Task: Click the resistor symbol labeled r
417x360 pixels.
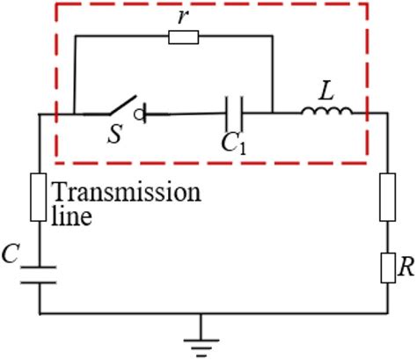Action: tap(183, 37)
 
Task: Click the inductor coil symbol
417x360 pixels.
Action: tap(326, 111)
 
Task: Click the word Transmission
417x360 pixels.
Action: tap(125, 192)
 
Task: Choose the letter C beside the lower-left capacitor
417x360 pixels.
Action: tap(11, 255)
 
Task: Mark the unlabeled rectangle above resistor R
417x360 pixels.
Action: tap(388, 197)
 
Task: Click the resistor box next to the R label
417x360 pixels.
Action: tap(388, 268)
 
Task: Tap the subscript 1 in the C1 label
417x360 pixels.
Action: tap(241, 148)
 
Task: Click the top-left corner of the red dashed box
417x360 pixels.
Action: tap(55, 4)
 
